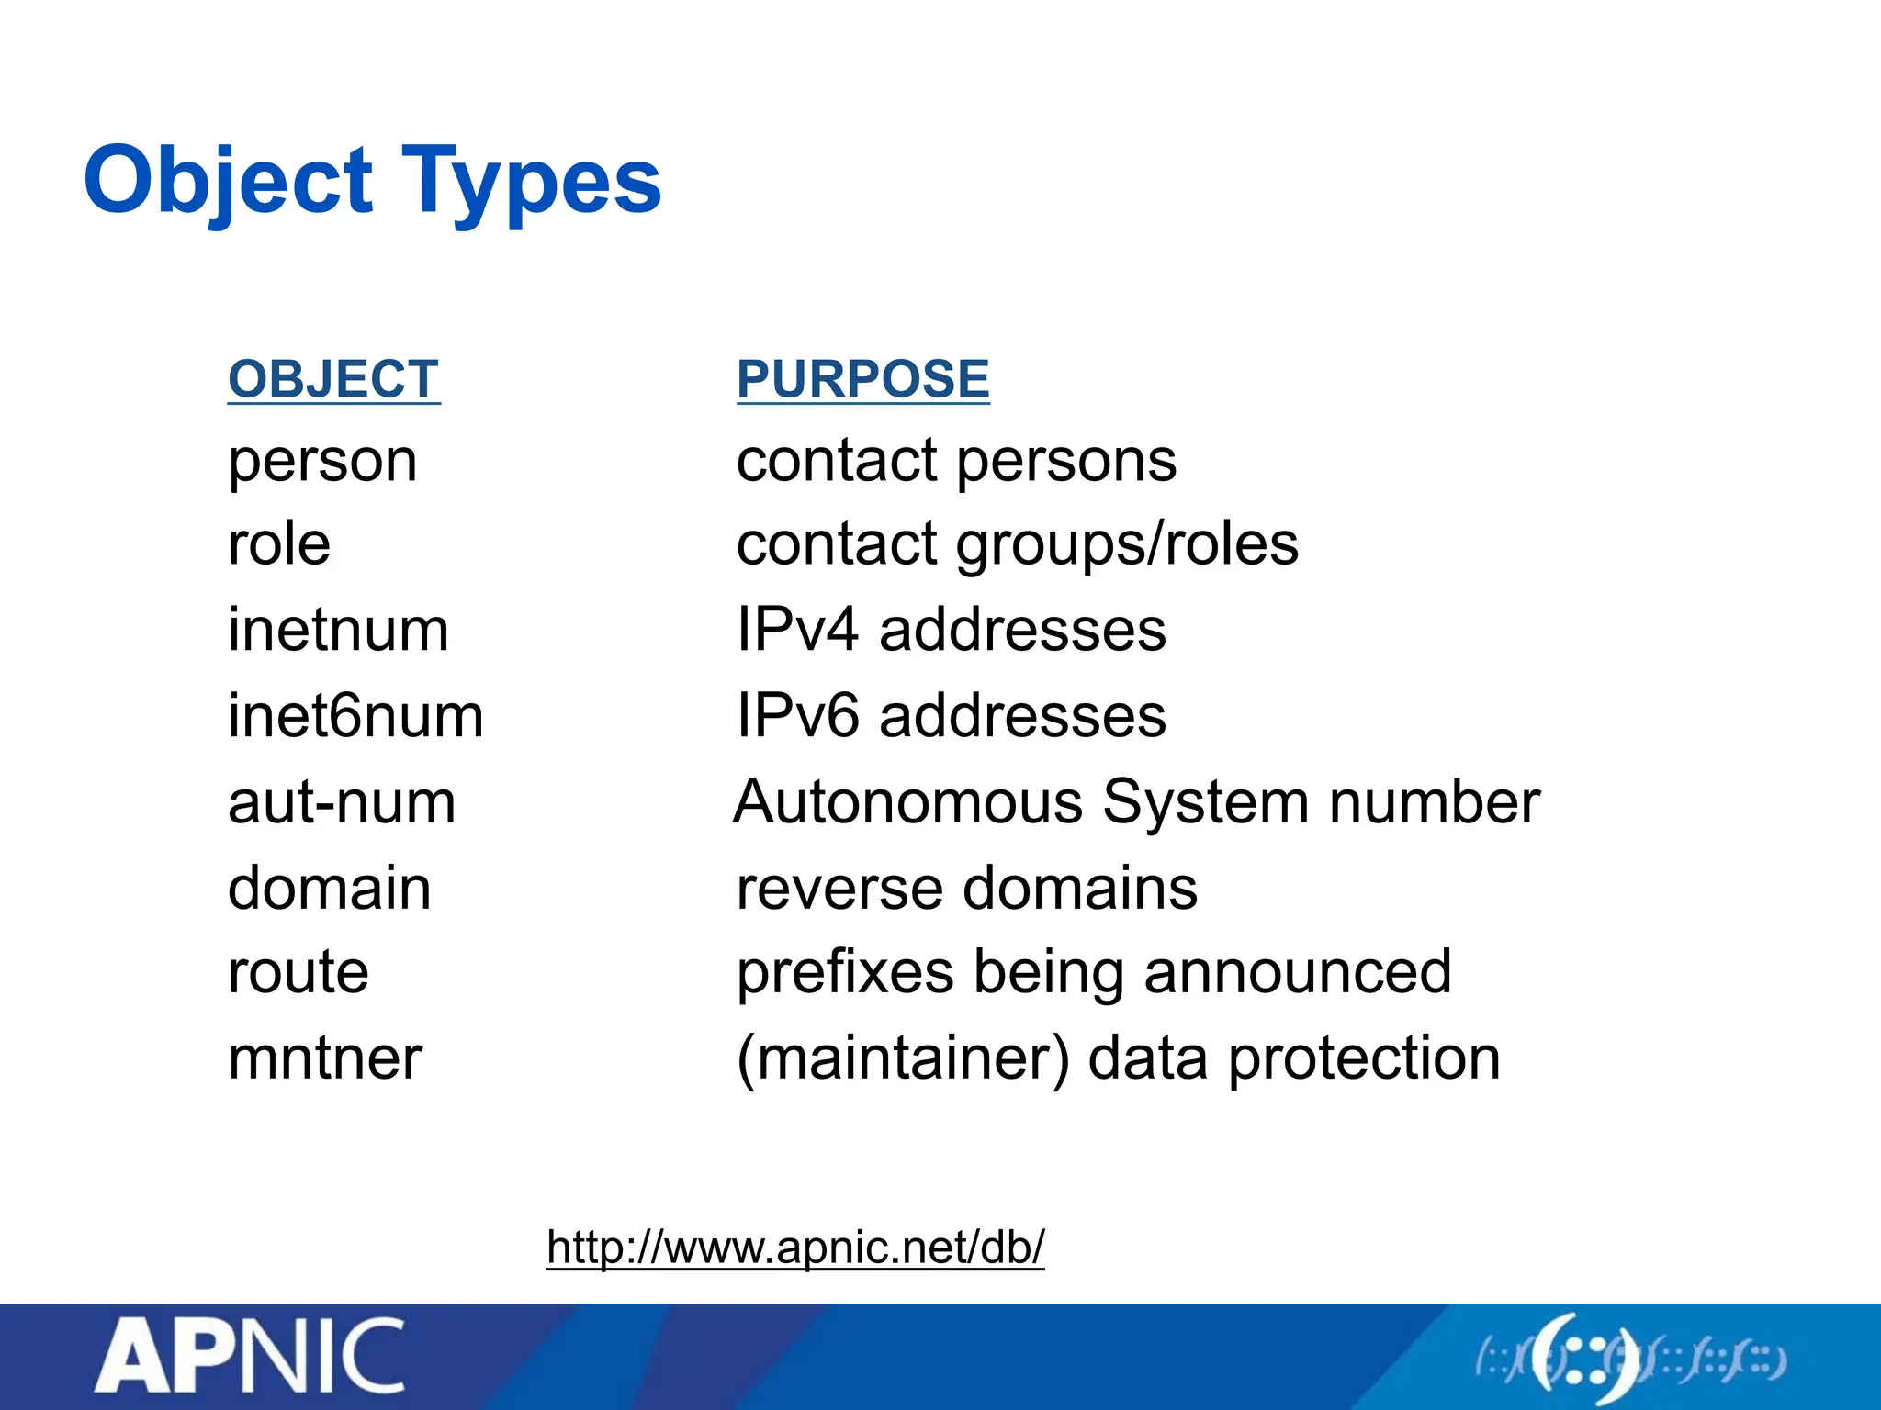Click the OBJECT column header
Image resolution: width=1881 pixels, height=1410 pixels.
[x=333, y=379]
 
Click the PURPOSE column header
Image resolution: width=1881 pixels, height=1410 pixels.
[x=862, y=379]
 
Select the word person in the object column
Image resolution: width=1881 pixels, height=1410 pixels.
[x=322, y=462]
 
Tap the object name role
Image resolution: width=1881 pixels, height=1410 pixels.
[x=279, y=544]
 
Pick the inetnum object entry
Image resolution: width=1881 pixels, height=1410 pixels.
[x=338, y=631]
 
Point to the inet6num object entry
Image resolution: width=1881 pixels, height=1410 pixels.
[x=355, y=716]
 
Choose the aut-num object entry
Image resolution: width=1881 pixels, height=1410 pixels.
[x=342, y=802]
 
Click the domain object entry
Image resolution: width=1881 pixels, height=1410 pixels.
[x=329, y=888]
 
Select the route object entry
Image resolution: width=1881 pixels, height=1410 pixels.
[x=298, y=972]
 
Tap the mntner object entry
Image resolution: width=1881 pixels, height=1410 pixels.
[x=325, y=1058]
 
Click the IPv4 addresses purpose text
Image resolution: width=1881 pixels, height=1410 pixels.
[x=951, y=631]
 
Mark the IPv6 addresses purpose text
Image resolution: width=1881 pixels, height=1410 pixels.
[x=951, y=716]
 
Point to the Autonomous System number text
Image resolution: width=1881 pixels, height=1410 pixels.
[x=1136, y=802]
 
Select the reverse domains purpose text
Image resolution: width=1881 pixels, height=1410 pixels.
[x=966, y=888]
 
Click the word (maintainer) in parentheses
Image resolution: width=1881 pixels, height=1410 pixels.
[x=903, y=1058]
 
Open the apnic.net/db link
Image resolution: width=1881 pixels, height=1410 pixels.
[x=795, y=1247]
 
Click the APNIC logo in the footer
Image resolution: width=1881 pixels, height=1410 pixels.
[x=250, y=1356]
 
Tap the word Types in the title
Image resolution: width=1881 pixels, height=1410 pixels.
[x=531, y=181]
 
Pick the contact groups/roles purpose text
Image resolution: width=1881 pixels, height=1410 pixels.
[x=1017, y=544]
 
